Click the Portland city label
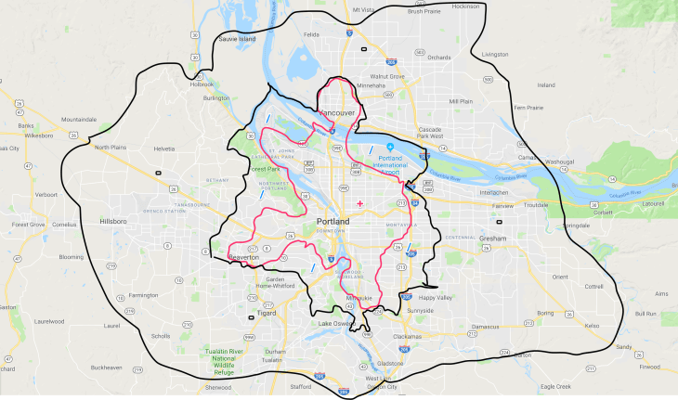332,223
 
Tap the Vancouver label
337,113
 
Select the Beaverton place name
249,256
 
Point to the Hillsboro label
112,223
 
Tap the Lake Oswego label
336,324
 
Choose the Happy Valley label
435,298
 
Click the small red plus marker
359,203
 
